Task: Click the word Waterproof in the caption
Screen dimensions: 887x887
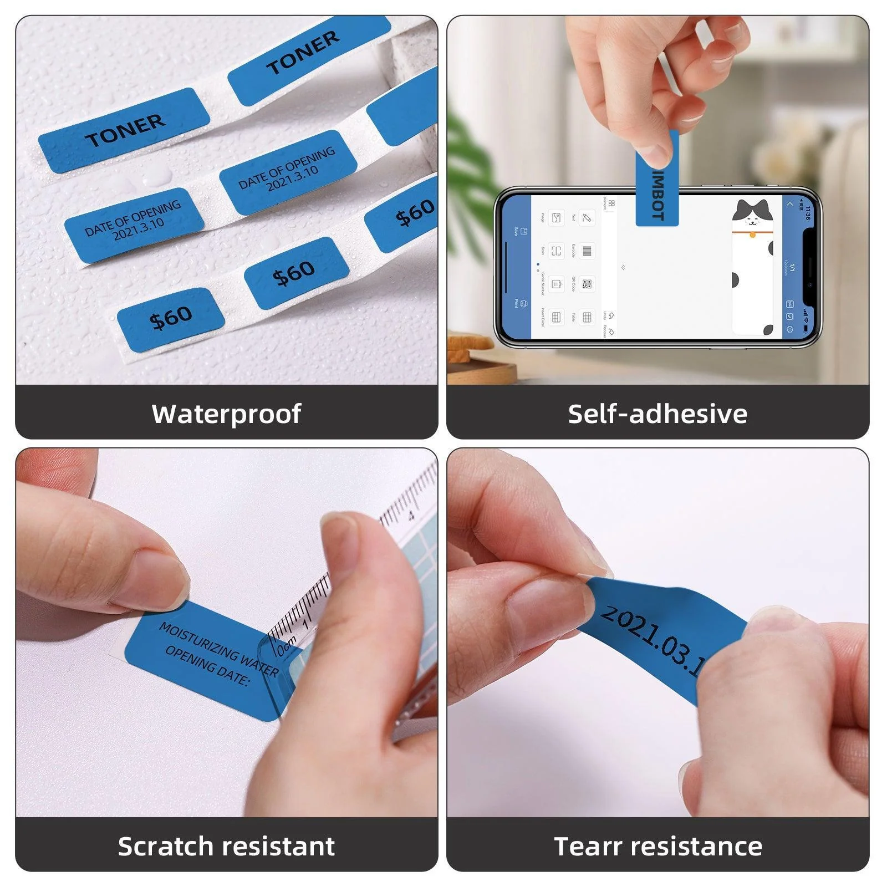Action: point(226,414)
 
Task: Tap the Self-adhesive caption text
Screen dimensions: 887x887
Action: point(657,414)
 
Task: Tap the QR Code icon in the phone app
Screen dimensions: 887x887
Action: point(587,284)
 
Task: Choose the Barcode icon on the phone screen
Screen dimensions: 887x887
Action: point(587,251)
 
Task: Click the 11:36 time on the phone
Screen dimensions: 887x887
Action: point(808,213)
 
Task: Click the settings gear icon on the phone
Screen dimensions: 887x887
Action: point(790,330)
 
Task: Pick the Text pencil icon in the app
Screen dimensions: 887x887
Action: point(587,217)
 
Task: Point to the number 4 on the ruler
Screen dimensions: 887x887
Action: point(411,516)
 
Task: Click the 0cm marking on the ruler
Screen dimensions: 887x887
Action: point(287,646)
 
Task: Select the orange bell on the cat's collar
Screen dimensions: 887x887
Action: point(753,235)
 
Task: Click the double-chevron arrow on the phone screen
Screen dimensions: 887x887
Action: point(624,267)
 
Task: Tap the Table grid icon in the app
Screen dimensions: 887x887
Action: point(587,317)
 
